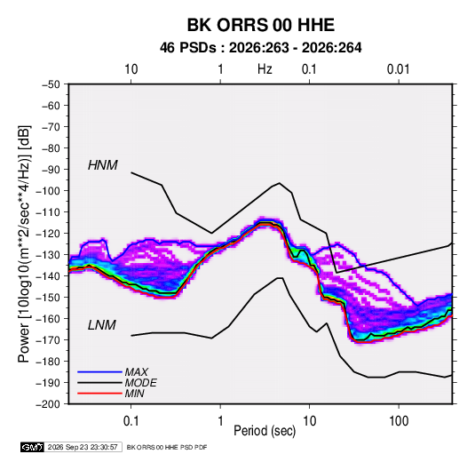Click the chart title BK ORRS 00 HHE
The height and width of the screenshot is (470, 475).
coord(261,25)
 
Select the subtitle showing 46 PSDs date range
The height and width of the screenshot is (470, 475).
coord(260,48)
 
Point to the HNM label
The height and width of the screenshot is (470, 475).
coord(103,165)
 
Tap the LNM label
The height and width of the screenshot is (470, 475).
coord(102,325)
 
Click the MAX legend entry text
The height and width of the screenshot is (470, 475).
coord(137,371)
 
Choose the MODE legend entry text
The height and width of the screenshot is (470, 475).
coord(140,383)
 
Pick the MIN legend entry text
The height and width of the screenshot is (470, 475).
coord(134,394)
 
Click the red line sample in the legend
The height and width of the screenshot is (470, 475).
coord(99,394)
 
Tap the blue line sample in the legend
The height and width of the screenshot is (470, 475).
coord(99,371)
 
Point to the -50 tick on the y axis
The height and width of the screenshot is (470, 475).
coord(51,84)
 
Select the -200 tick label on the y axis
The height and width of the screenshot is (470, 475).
coord(48,404)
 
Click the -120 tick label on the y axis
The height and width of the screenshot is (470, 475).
coord(48,234)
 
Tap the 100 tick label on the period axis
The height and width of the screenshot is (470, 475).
coord(399,421)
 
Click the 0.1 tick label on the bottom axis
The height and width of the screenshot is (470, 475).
coord(131,421)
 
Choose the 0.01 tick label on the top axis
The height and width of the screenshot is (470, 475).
coord(398,69)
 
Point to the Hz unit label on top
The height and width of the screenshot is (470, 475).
coord(265,69)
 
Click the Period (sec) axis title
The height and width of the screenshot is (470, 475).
coord(265,431)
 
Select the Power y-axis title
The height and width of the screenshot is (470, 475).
coord(24,243)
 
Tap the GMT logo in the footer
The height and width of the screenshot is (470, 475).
coord(33,447)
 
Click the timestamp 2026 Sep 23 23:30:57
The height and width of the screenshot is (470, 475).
coord(83,447)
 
